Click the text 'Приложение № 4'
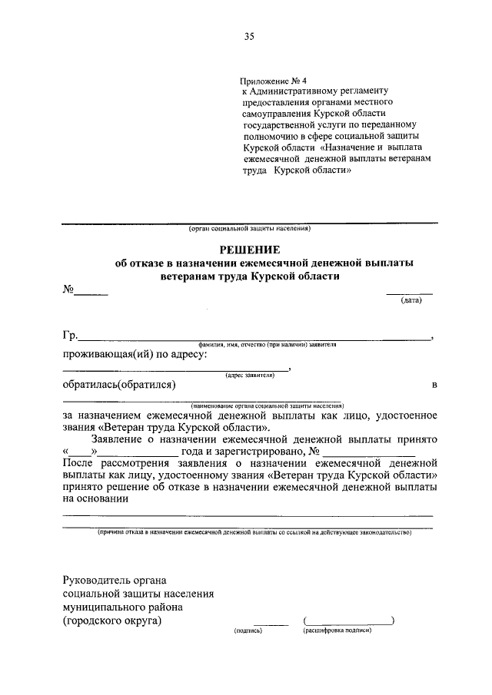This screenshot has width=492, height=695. [x=273, y=80]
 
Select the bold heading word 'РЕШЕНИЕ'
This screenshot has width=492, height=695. [x=250, y=249]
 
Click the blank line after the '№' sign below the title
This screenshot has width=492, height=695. [x=91, y=293]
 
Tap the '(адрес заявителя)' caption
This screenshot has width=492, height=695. [x=250, y=375]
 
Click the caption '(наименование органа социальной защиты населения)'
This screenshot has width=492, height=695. [x=268, y=405]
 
